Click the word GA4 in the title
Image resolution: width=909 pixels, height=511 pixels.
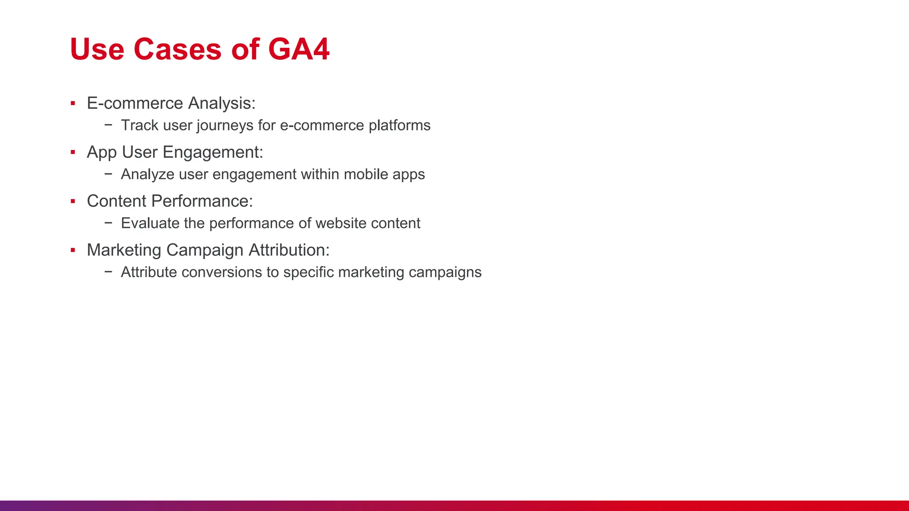[299, 49]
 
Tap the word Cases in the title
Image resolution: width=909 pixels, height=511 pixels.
[177, 49]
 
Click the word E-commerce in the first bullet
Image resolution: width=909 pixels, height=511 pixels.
[135, 103]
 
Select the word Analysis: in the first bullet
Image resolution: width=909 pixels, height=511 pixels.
[221, 103]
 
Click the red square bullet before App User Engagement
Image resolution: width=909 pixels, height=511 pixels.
[73, 153]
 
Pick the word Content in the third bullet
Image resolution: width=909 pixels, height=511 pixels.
[116, 201]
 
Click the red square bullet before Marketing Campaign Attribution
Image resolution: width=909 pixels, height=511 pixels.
[73, 251]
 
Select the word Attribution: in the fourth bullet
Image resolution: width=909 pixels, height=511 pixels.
[289, 250]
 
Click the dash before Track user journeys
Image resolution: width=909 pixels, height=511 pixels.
[108, 125]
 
